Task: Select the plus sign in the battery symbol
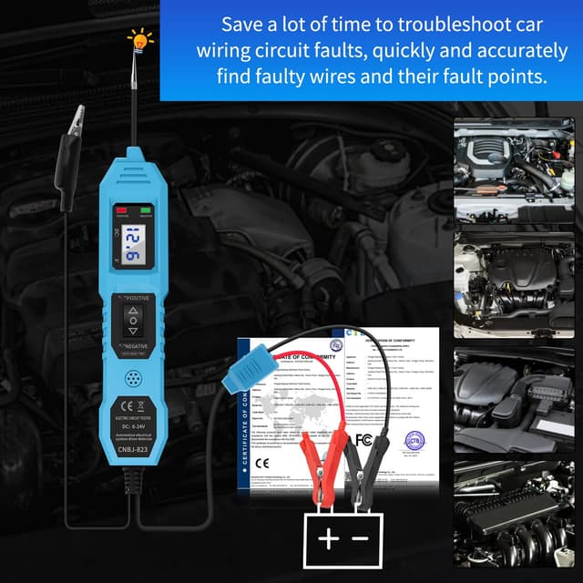(x=329, y=538)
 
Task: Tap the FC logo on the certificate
(x=363, y=439)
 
